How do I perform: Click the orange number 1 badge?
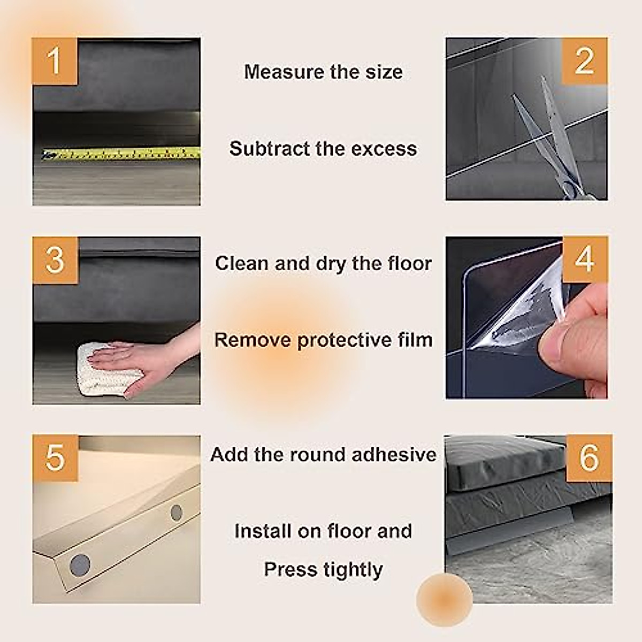(55, 61)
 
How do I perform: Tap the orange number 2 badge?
(584, 61)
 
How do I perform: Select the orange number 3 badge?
(55, 260)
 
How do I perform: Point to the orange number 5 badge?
(55, 458)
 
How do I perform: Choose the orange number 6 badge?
(589, 458)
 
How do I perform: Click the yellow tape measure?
(121, 154)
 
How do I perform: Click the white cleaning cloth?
(106, 369)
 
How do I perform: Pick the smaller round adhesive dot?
(177, 513)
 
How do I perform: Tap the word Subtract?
(270, 149)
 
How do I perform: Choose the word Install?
(263, 531)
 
